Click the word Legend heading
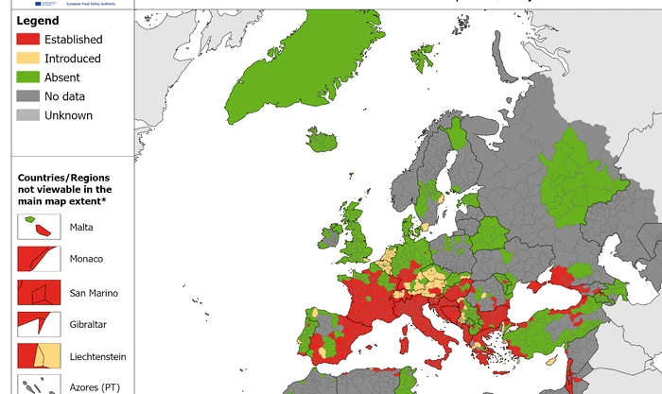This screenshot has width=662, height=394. pos(38,21)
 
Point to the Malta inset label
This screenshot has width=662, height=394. pos(82,227)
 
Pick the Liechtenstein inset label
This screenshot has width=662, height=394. pos(97,356)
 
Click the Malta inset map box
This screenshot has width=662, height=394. pos(36,227)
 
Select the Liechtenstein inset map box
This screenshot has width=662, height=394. pos(36,356)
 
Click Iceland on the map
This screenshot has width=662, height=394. pos(323,142)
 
